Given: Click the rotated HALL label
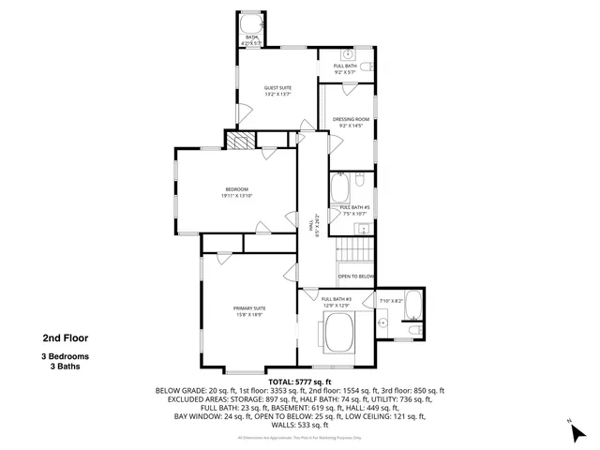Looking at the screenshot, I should (x=311, y=225).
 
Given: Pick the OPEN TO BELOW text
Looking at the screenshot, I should (x=356, y=277).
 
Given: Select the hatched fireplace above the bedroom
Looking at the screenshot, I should (x=241, y=141).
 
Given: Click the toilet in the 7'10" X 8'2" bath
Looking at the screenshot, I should (x=413, y=330).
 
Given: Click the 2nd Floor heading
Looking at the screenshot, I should (x=65, y=338).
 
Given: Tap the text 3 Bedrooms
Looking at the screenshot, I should (x=65, y=357).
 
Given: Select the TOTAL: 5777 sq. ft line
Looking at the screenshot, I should (x=300, y=382).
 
